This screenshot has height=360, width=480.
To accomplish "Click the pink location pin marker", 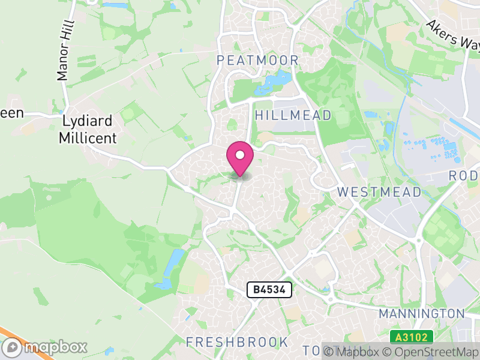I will point(240,158).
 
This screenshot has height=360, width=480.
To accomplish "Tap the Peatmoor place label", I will point(257,60).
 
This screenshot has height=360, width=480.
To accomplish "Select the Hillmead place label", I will point(293,115).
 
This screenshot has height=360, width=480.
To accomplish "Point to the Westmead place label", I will point(379,192).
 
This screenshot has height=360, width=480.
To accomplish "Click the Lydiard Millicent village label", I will point(88,129).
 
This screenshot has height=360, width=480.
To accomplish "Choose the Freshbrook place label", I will point(237,342).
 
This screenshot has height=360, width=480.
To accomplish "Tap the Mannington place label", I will point(422,313).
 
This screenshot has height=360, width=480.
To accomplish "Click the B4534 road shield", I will point(269,290).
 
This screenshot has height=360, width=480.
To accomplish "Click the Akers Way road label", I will point(454,35).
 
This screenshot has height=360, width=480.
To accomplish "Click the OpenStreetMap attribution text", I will point(431,352).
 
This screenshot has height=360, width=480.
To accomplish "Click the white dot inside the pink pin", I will point(240,155).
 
